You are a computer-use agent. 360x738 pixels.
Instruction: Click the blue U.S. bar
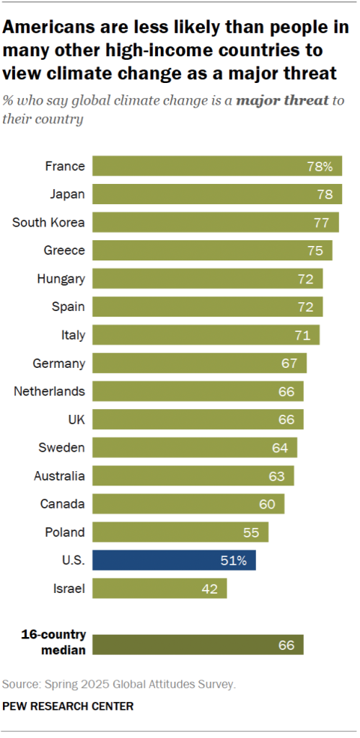[x=173, y=561]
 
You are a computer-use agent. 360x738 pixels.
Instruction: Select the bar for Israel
[x=159, y=589]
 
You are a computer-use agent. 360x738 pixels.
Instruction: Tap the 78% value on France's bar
[x=320, y=167]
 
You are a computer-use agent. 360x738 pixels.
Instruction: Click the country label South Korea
[x=49, y=222]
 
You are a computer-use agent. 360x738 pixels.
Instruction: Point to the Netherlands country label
[x=50, y=392]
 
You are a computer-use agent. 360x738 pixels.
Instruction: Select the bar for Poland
[x=180, y=532]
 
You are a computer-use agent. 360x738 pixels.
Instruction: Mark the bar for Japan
[x=216, y=194]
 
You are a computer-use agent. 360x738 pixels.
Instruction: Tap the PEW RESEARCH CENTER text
[x=69, y=706]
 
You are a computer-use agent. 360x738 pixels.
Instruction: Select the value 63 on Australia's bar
[x=277, y=476]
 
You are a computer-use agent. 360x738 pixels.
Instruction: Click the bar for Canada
[x=188, y=504]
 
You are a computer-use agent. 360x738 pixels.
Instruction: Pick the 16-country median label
[x=53, y=641]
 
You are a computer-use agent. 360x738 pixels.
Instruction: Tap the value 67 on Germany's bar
[x=289, y=363]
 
